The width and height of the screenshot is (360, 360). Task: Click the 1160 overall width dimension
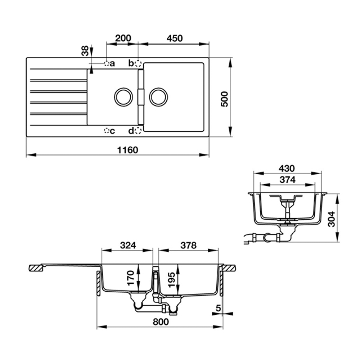pos(128,150)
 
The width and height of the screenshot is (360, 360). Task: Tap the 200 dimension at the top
pos(123,38)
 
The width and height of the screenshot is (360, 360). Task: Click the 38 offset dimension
pos(85,51)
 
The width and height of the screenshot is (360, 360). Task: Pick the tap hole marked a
pos(107,64)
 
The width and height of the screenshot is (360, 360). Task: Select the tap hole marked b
pos(138,64)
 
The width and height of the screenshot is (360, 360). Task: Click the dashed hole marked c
pos(107,131)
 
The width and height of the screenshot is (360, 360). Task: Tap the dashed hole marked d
pos(138,131)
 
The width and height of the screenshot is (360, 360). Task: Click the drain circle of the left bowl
pos(123,97)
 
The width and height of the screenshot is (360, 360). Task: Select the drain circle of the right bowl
pos(158,97)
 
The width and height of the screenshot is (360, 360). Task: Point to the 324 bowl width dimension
pos(128,245)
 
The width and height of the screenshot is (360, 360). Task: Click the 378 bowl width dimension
pos(188,245)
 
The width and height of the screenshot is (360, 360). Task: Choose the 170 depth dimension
pos(131,278)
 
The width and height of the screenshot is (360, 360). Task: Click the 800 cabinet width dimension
pos(161,322)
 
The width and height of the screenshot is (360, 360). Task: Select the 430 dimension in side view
pos(287,168)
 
